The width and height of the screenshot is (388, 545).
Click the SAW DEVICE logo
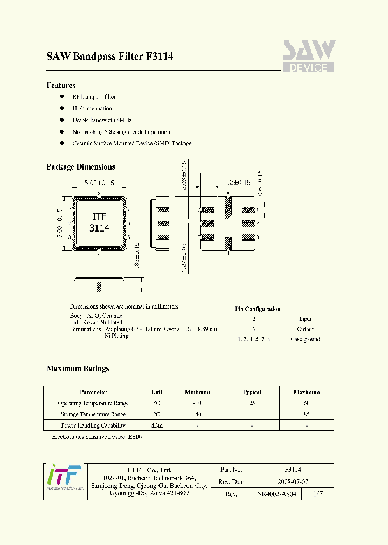[308, 57]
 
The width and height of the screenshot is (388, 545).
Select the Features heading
[61, 85]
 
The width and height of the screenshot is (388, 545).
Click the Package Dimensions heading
[81, 167]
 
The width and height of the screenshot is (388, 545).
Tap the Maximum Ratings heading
[78, 368]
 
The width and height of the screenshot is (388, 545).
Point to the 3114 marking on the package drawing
[99, 228]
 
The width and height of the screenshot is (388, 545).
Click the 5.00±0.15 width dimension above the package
[100, 183]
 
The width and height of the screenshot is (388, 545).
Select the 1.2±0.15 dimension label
[237, 183]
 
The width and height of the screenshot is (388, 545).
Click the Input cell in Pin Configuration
[305, 319]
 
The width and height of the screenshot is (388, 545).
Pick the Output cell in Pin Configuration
[305, 329]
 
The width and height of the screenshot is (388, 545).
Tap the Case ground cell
[305, 339]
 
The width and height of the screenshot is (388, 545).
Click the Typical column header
[252, 392]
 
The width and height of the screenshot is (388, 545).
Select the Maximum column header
[307, 392]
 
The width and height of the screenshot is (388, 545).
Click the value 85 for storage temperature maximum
[307, 414]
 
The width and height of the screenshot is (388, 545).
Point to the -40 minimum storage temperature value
[197, 414]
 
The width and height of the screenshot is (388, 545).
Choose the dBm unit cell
[156, 425]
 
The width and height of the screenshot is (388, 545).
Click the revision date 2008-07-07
[293, 481]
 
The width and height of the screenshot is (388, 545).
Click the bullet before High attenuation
[62, 108]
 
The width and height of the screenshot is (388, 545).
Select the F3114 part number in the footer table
[293, 470]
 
